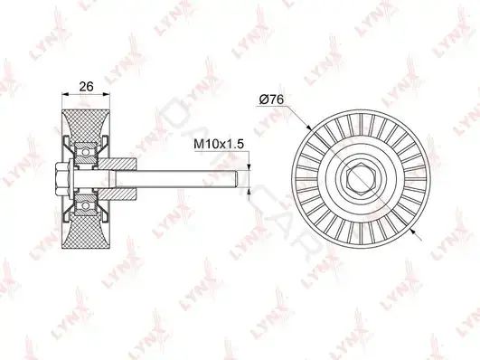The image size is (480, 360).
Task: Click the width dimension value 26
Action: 86,87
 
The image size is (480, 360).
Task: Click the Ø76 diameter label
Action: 272,99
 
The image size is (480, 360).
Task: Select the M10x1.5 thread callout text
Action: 219,144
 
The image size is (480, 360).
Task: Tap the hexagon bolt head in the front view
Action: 361,179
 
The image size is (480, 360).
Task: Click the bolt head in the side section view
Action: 62,179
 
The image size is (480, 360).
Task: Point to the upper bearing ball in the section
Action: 86,152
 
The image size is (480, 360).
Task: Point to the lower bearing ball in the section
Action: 86,206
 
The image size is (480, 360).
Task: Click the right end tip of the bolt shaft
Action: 238,179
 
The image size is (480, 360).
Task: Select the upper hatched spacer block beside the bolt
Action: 118,164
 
